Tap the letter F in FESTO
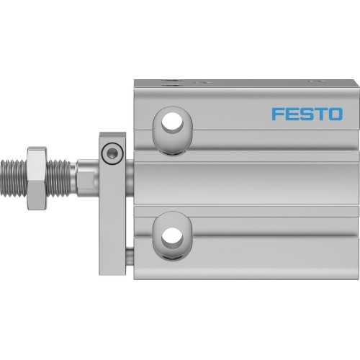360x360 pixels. (275, 114)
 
